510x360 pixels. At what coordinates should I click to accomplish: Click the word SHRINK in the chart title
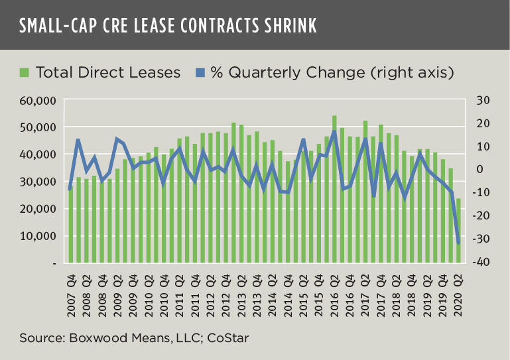tap(279, 26)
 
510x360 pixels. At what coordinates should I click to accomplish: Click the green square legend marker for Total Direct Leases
tap(25, 72)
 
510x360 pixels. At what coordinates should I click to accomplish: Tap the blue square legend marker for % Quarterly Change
tap(200, 72)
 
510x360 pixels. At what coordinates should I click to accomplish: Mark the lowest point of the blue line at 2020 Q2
tap(458, 243)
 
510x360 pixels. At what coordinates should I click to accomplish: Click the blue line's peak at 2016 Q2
tap(334, 131)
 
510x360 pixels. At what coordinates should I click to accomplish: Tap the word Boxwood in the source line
tap(93, 339)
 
